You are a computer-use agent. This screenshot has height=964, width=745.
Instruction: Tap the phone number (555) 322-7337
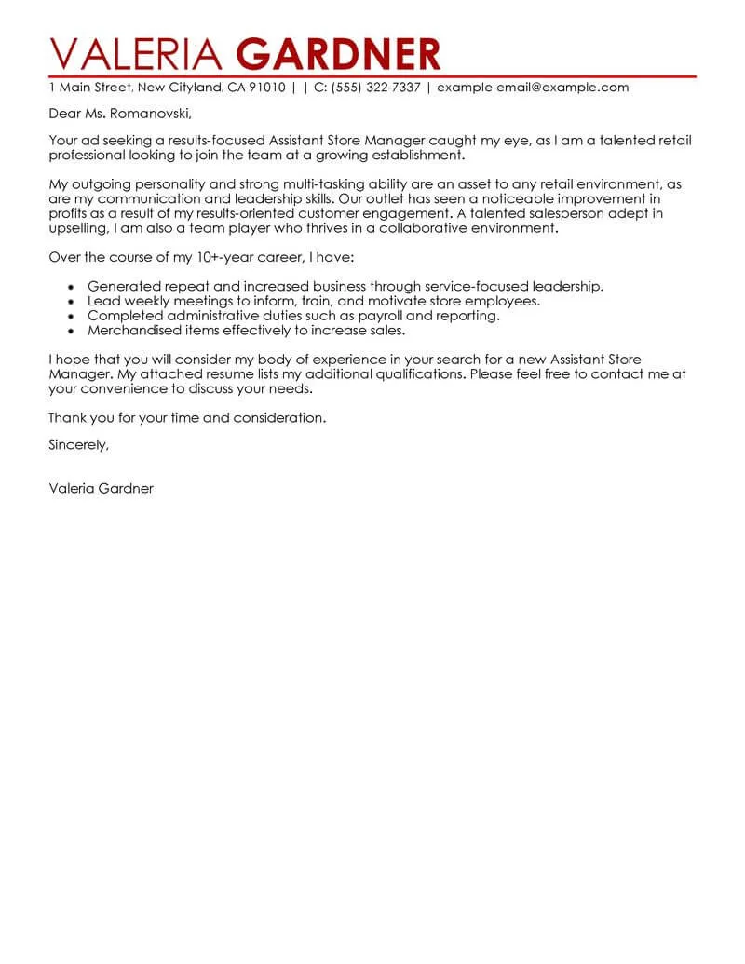pyautogui.click(x=372, y=88)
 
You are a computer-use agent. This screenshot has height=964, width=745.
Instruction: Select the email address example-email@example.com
pyautogui.click(x=533, y=88)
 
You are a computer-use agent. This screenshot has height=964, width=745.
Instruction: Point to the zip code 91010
pyautogui.click(x=266, y=88)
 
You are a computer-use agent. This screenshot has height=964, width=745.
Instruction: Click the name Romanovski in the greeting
pyautogui.click(x=153, y=115)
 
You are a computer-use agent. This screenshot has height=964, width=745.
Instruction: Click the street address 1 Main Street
pyautogui.click(x=90, y=88)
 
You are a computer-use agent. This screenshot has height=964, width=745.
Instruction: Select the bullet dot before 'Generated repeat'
pyautogui.click(x=72, y=288)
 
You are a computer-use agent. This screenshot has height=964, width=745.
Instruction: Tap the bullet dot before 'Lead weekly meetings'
pyautogui.click(x=72, y=302)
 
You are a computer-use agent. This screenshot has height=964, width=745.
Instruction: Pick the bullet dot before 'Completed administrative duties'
pyautogui.click(x=72, y=316)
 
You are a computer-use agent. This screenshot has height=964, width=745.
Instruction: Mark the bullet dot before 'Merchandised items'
pyautogui.click(x=72, y=330)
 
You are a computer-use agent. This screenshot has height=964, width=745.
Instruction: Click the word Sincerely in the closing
pyautogui.click(x=79, y=445)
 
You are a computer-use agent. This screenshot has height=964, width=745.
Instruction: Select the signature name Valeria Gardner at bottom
pyautogui.click(x=101, y=488)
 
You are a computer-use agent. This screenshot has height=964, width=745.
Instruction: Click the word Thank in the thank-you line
pyautogui.click(x=67, y=417)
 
